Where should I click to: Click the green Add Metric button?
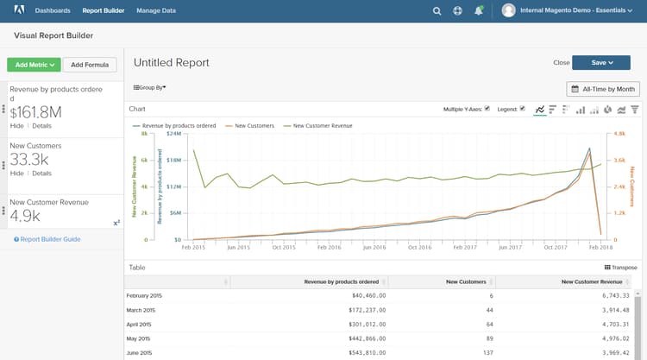(x=33, y=65)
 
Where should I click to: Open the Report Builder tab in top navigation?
(x=104, y=11)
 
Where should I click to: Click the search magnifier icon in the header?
(x=437, y=11)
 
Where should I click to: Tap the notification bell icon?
(x=478, y=11)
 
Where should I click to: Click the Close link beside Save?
(x=561, y=62)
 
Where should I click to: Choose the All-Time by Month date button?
(x=603, y=89)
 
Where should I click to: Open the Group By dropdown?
(x=149, y=87)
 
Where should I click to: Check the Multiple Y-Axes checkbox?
(x=488, y=109)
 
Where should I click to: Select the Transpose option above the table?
(x=621, y=268)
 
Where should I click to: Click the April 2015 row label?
(x=144, y=325)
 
